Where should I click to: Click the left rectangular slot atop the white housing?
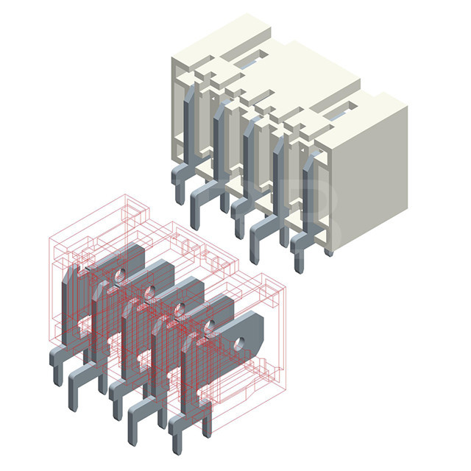click(x=250, y=57)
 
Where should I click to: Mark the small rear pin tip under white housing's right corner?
click(x=328, y=252)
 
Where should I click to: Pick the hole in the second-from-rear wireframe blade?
click(x=149, y=292)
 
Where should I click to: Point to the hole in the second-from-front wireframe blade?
click(x=208, y=325)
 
